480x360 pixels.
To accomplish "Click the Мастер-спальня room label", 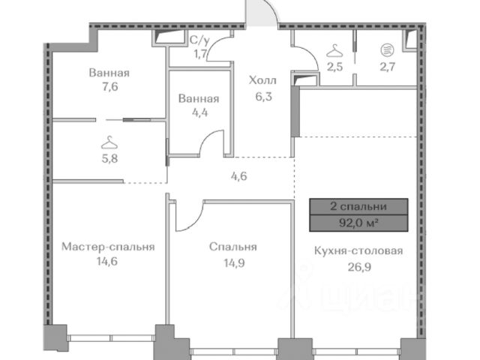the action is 108,247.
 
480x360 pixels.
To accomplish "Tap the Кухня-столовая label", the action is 358,251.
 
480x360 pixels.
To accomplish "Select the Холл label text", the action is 262,80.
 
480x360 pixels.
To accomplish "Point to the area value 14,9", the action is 234,263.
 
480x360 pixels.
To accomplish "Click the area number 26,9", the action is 359,267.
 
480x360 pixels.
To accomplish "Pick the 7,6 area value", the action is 110,87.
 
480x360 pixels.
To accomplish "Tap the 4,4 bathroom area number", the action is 200,112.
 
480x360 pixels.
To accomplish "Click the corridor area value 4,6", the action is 238,176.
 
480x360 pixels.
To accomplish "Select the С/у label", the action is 199,40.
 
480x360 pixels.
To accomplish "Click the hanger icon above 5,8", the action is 109,143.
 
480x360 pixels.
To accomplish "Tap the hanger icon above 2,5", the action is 334,51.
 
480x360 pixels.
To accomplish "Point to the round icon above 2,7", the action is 387,49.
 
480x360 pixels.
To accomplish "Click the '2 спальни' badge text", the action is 358,207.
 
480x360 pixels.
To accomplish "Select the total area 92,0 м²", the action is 358,223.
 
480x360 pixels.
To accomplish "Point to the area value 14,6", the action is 107,262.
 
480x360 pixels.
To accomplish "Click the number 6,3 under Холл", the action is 263,97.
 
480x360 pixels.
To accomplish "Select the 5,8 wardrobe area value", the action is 109,158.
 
